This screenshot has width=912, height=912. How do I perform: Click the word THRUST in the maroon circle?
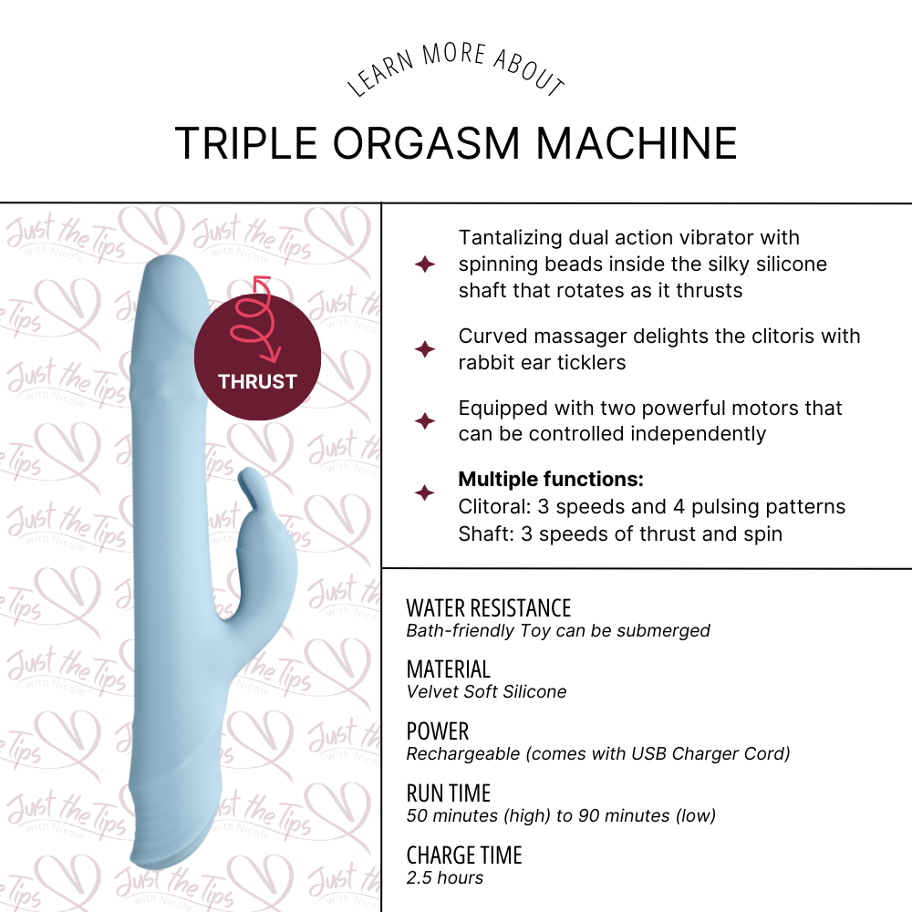pyautogui.click(x=257, y=381)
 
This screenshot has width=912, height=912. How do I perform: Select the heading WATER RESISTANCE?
pyautogui.click(x=488, y=608)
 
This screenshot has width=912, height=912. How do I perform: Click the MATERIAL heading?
pyautogui.click(x=448, y=669)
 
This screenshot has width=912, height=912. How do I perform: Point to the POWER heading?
pyautogui.click(x=437, y=731)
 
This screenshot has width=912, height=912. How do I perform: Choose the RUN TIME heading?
pyautogui.click(x=448, y=793)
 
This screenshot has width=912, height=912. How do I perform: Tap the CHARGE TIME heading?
pyautogui.click(x=463, y=855)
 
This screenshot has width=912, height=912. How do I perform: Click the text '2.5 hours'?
pyautogui.click(x=444, y=878)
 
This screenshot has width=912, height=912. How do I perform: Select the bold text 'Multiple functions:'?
pyautogui.click(x=551, y=480)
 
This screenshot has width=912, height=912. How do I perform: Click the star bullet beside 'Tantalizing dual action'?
pyautogui.click(x=424, y=264)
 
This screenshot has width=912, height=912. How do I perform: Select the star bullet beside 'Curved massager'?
pyautogui.click(x=424, y=349)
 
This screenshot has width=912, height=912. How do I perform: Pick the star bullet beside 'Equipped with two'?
pyautogui.click(x=424, y=421)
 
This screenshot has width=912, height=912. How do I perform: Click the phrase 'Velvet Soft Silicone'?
pyautogui.click(x=486, y=691)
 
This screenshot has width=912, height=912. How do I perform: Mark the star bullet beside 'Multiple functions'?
pyautogui.click(x=424, y=493)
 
